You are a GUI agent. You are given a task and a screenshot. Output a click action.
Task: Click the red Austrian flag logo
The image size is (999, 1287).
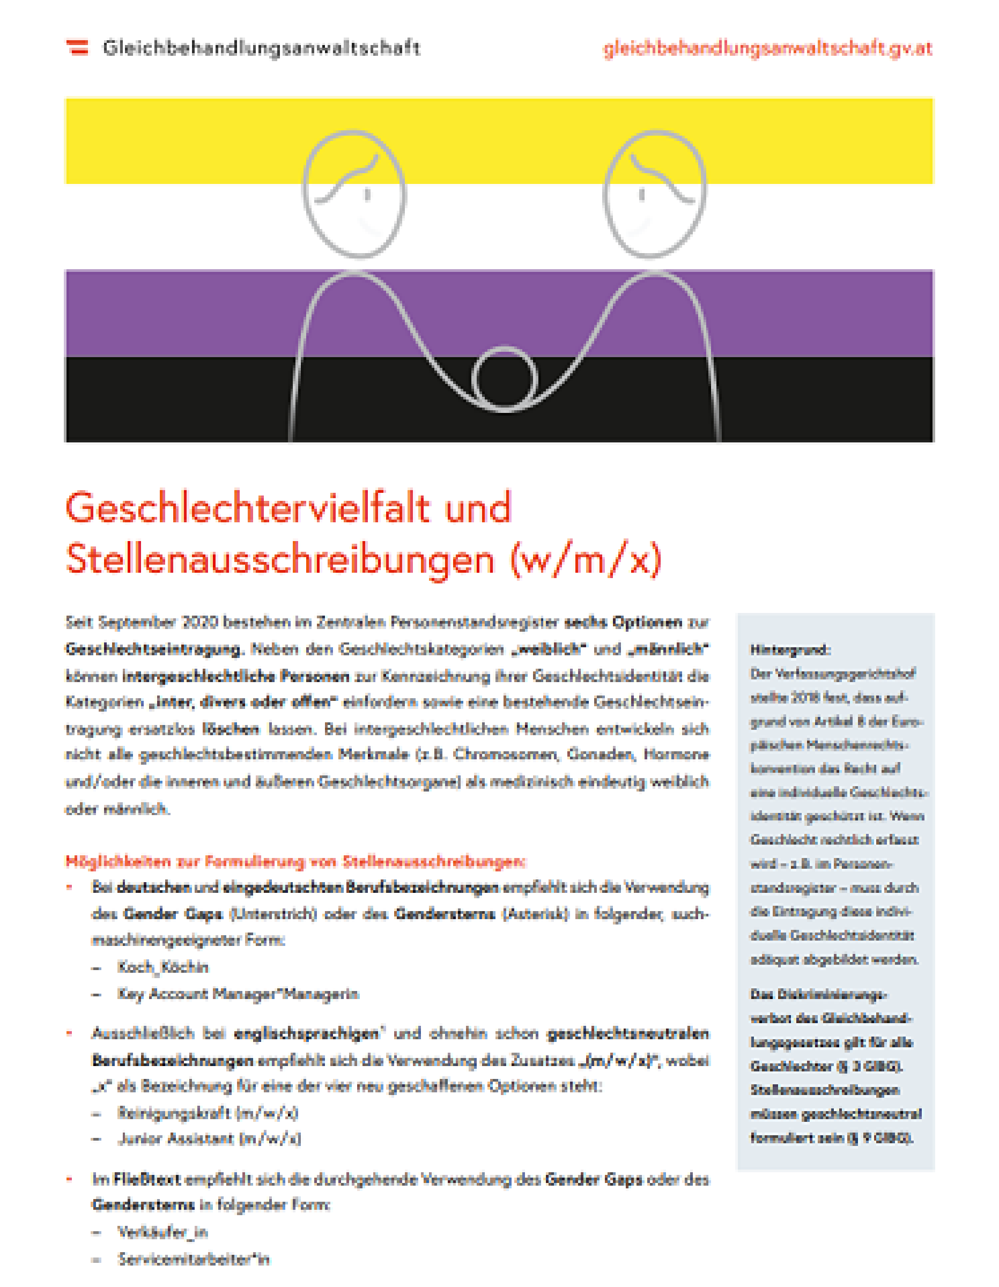coord(77,47)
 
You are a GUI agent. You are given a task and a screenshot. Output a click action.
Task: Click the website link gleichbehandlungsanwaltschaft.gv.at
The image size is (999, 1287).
coord(767,48)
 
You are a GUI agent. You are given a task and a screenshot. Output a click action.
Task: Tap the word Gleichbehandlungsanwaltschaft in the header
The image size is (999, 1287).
coord(262,48)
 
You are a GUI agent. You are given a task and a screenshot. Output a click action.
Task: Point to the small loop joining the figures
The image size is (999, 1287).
coord(505,379)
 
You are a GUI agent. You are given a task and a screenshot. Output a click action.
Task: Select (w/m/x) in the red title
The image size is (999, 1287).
coord(586,558)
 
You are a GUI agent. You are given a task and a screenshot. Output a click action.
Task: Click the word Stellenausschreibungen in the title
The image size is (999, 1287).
coord(280,558)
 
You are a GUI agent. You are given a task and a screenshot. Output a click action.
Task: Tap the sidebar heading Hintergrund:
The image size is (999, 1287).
coord(790,650)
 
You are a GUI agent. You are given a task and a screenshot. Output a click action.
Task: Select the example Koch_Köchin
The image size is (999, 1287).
coord(162,967)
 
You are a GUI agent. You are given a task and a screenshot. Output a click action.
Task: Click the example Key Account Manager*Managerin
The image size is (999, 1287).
coord(238,994)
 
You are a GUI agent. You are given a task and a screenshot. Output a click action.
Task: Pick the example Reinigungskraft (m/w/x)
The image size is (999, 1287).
coord(208,1113)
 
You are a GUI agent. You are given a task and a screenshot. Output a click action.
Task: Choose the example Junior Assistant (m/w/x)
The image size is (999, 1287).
coord(209,1138)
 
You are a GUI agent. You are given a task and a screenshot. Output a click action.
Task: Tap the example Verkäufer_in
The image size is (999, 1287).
coord(162,1232)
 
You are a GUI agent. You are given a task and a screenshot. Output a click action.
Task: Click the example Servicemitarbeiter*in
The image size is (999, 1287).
coord(194,1259)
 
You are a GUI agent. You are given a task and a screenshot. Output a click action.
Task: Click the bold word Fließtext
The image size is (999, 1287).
coord(147,1179)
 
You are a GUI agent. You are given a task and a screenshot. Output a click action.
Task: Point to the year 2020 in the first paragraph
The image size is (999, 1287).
coord(199,622)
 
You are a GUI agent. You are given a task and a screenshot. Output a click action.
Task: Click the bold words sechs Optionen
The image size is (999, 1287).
coord(623,622)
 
